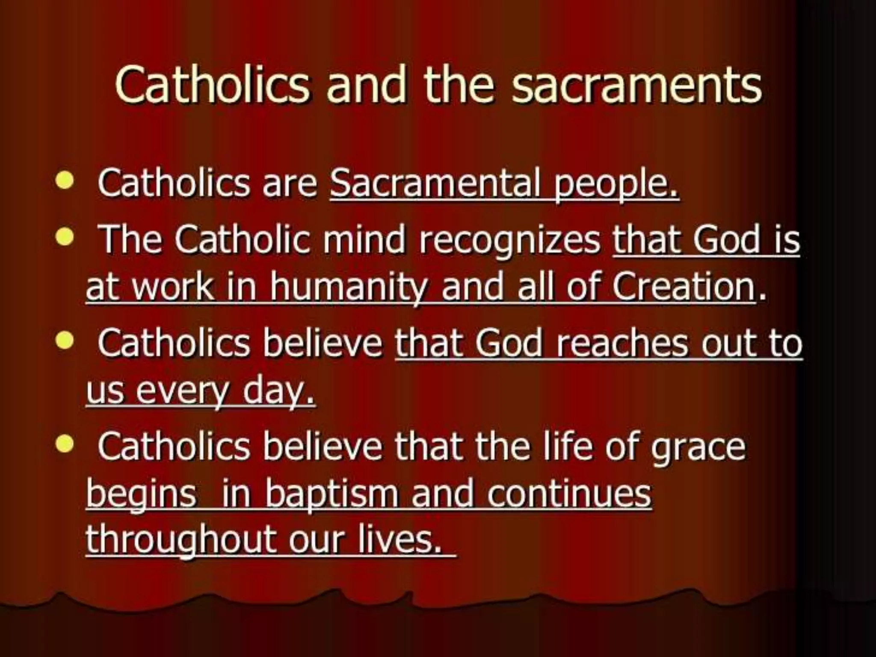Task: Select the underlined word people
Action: click(616, 185)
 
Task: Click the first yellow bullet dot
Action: click(65, 180)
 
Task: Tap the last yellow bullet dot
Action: click(65, 444)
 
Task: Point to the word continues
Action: click(569, 494)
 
